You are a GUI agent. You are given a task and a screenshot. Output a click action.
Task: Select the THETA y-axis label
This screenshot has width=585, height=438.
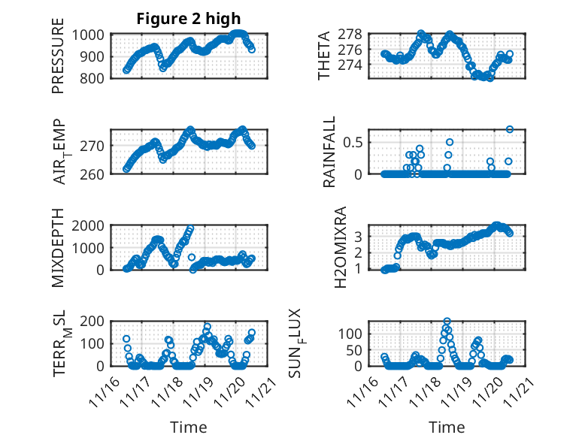coord(324,56)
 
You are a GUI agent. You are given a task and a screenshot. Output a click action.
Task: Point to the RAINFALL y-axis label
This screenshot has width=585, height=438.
coord(329,153)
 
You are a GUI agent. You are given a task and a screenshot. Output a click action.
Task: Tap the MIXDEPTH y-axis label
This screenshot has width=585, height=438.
coord(58,247)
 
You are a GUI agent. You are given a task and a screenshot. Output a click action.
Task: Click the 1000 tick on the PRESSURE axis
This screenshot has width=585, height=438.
coord(91,34)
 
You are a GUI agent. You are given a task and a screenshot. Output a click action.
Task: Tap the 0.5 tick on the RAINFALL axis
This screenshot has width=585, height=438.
coord(355,142)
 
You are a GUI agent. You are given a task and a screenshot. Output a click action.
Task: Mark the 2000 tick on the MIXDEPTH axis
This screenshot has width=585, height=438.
coord(91,225)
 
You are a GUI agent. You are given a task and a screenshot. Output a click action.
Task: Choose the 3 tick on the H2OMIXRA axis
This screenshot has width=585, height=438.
coord(359,236)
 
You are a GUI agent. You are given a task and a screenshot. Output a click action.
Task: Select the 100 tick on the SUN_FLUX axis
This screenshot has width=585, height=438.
coord(353,333)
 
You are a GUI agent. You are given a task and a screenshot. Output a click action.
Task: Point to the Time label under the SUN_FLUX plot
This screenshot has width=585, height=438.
coord(447,427)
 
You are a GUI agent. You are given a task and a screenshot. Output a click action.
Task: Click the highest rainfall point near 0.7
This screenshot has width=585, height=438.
coord(510,129)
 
